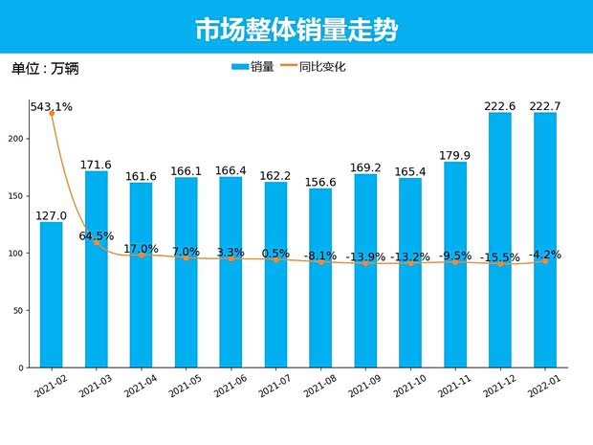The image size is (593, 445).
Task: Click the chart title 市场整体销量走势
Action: [296, 30]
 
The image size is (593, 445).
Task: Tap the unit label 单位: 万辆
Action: [44, 70]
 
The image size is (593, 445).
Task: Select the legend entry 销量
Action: [253, 67]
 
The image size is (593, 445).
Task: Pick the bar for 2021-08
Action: [320, 278]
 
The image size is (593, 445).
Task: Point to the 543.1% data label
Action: [52, 106]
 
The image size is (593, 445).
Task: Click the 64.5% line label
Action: [97, 235]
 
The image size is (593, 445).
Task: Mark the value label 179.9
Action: [455, 155]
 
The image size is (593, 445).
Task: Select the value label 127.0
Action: [52, 215]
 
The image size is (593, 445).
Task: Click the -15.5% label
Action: [500, 257]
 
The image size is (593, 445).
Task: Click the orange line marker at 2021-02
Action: [52, 114]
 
